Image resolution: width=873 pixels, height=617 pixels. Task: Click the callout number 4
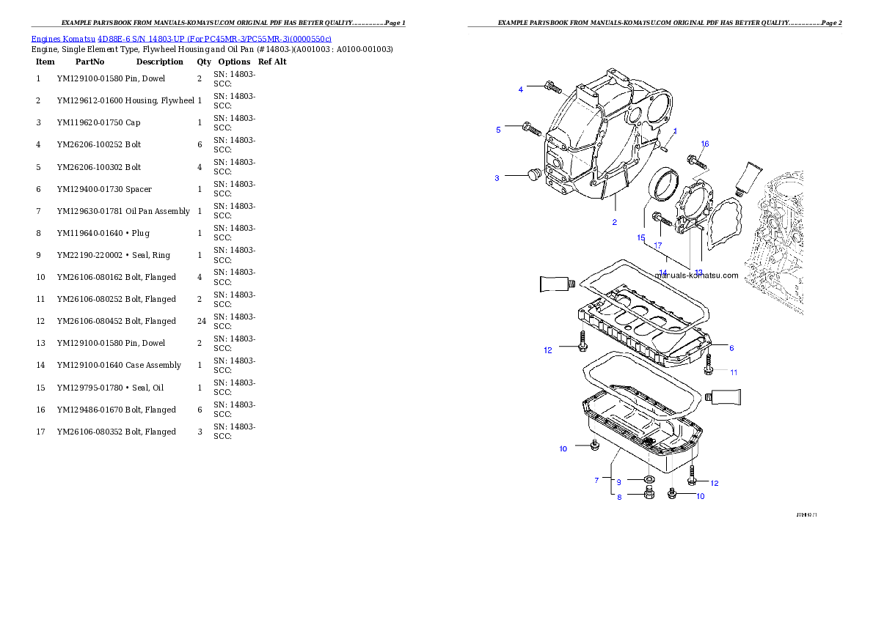coord(521,89)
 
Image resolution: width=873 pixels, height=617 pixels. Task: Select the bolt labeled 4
coord(553,88)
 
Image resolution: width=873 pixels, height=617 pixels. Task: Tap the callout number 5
coord(498,130)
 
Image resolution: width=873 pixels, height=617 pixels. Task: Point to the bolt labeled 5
coord(531,129)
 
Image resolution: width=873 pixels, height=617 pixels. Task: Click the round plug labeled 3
coord(533,174)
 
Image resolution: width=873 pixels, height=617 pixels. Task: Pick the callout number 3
coord(497,178)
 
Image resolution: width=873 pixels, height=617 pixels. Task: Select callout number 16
coord(705,144)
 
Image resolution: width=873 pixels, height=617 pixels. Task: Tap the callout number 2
coord(615,222)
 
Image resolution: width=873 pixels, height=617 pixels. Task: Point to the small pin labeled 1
coord(663,146)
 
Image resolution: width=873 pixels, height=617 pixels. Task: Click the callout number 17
coord(658,245)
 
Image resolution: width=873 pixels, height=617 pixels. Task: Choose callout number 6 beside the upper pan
coord(731,348)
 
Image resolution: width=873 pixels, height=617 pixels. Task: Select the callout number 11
coord(734,372)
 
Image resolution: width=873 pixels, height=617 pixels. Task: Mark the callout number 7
coord(597,480)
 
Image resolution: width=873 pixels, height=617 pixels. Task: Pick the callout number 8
coord(618,497)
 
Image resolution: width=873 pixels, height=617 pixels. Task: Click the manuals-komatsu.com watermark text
coord(696,276)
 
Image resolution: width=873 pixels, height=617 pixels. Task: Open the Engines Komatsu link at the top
coord(181,39)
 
